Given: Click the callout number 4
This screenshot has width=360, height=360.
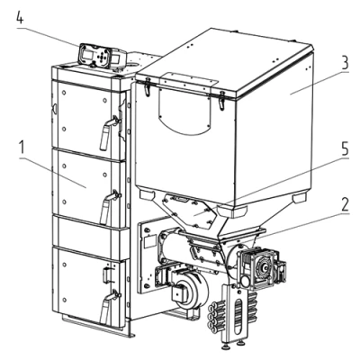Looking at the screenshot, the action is (20, 19).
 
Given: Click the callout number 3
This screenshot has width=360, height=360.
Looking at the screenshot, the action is (344, 64).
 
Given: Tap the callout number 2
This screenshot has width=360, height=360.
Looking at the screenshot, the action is (345, 205).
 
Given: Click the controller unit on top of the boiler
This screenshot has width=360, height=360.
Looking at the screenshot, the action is (102, 56).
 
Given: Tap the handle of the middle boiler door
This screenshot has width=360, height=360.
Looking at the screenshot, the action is (107, 207).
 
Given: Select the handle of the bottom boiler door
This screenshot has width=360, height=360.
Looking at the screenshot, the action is (107, 306).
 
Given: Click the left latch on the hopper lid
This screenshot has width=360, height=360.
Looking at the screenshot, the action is (147, 86).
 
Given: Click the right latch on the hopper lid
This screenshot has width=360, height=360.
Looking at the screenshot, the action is (221, 101).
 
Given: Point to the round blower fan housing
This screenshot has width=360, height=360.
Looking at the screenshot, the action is (190, 290).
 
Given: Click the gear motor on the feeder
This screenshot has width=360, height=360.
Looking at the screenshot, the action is (260, 267).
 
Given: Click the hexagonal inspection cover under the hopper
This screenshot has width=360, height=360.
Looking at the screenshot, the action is (188, 211).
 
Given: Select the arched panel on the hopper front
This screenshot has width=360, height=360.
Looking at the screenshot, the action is (184, 112).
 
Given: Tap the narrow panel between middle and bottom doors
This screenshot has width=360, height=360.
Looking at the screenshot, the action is (89, 237).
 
